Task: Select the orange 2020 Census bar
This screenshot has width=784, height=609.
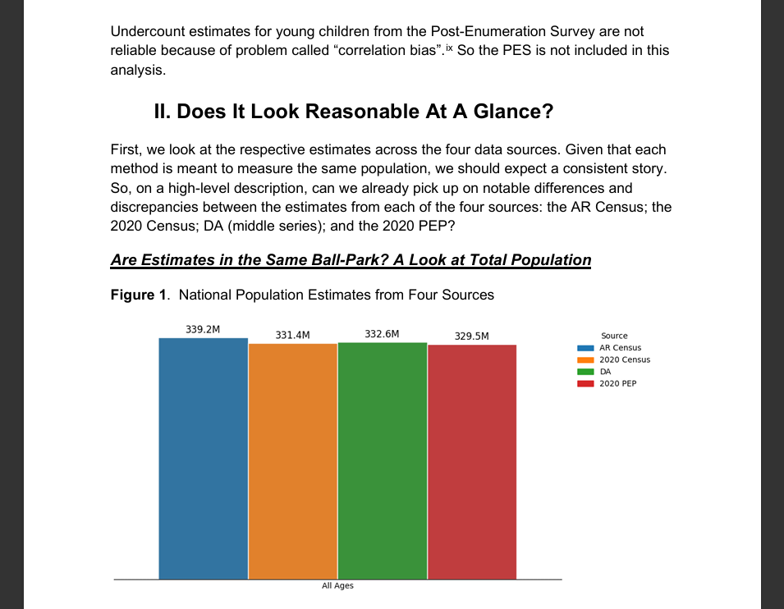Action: (293, 460)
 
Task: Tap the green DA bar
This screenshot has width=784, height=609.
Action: (383, 460)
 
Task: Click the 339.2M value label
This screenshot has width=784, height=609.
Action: (203, 329)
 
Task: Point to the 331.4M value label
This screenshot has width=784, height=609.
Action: (292, 335)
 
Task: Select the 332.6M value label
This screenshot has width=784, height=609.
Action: (382, 334)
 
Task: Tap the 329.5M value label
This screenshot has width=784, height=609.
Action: (471, 336)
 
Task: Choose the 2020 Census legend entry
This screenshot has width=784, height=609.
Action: (624, 359)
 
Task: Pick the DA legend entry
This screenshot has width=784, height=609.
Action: (605, 371)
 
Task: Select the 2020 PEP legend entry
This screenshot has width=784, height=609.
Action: (617, 383)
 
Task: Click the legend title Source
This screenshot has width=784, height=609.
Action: (614, 336)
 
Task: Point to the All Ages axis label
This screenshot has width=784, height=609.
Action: (337, 586)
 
